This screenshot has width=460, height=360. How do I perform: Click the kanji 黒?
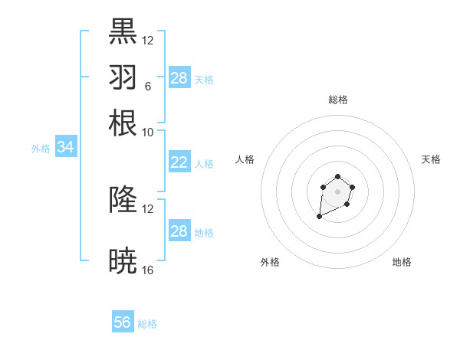coord(123,31)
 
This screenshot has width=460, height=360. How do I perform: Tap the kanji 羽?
coord(123,77)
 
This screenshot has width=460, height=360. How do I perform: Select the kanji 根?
coord(123,123)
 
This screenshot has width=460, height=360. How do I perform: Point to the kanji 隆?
coord(123,200)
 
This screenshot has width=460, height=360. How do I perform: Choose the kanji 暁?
coord(123,261)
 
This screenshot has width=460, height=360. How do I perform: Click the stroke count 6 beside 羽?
coord(147,86)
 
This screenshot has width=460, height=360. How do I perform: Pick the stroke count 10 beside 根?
coord(147,132)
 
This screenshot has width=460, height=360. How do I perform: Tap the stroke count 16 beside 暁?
coord(147,270)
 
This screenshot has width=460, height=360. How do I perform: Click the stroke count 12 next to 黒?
coord(147,40)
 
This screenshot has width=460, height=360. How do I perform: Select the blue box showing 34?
coord(65,148)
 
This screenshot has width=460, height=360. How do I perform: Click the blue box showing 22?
coord(179,162)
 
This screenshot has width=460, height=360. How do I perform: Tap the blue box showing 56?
coord(123,322)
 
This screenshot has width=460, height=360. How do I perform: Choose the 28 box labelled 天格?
coord(179,78)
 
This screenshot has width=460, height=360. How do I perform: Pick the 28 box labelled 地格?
coord(179,231)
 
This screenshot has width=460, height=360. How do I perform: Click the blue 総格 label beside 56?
coord(147,324)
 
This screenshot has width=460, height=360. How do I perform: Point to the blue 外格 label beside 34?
coord(41,149)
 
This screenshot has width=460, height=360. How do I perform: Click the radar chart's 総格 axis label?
coord(337,100)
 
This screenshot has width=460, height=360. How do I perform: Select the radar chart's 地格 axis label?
coord(402,262)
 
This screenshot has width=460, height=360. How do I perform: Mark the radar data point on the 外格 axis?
coord(319,217)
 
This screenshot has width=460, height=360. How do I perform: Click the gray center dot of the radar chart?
coord(337,191)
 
